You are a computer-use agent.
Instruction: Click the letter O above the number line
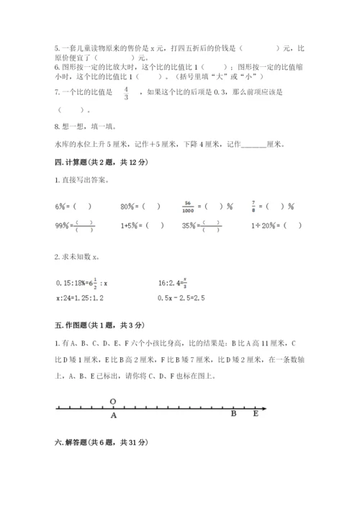click(x=113, y=401)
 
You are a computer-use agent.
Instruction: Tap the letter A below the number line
click(x=113, y=415)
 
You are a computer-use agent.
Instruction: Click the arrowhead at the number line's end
click(x=265, y=408)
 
